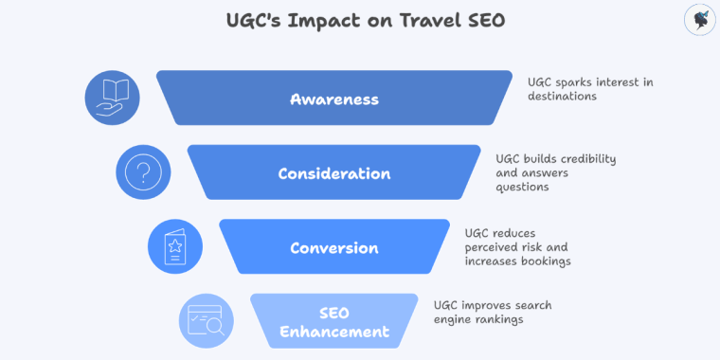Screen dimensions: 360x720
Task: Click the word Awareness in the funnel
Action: click(334, 99)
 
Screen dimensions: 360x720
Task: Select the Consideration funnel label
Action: click(333, 173)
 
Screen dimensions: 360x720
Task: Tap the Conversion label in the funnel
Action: click(333, 248)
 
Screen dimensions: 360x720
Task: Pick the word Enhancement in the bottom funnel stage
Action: click(334, 332)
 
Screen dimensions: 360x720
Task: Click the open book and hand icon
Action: click(113, 98)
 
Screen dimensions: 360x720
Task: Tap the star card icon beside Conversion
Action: click(176, 247)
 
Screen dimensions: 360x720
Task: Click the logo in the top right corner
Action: click(698, 20)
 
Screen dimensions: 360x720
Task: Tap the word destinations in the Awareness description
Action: click(563, 96)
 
